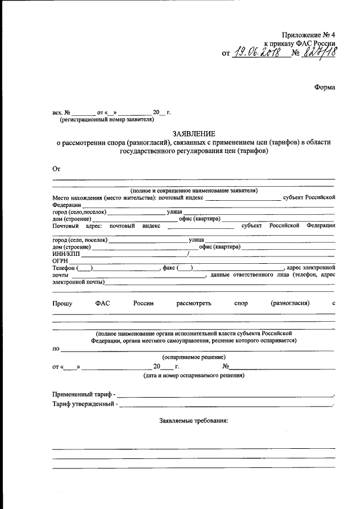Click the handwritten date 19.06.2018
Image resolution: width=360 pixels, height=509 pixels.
(x=259, y=53)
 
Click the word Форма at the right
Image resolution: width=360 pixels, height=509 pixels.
(x=324, y=88)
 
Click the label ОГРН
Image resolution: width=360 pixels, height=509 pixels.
(x=60, y=260)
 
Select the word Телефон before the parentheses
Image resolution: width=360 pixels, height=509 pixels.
(x=64, y=268)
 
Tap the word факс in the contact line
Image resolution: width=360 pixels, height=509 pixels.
(x=169, y=268)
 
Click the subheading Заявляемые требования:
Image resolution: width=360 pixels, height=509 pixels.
(x=193, y=420)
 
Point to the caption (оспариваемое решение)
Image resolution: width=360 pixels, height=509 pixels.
(x=194, y=357)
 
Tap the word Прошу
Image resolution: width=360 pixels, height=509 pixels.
(x=62, y=303)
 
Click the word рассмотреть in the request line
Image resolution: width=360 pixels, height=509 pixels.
(x=193, y=303)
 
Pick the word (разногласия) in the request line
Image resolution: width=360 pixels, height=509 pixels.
(x=290, y=303)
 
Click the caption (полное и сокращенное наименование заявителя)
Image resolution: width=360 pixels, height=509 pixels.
(x=193, y=191)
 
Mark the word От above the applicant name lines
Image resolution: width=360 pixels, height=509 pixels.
(x=56, y=168)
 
